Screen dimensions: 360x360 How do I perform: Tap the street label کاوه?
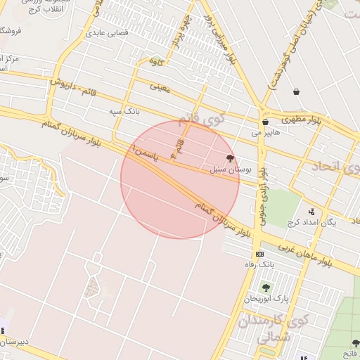156,62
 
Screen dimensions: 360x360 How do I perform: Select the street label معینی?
160,87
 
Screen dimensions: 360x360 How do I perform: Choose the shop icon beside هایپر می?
265,122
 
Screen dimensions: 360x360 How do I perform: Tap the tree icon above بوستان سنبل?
230,159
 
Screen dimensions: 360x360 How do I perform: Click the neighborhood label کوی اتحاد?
334,167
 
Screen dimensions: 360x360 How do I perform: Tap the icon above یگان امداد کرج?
311,211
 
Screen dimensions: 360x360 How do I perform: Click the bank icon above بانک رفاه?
260,254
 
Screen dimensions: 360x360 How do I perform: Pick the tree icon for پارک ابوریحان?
266,288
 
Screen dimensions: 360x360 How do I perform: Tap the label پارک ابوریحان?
266,299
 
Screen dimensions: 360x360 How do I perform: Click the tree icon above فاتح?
354,342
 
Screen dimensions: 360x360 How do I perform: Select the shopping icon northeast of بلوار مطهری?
297,91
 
